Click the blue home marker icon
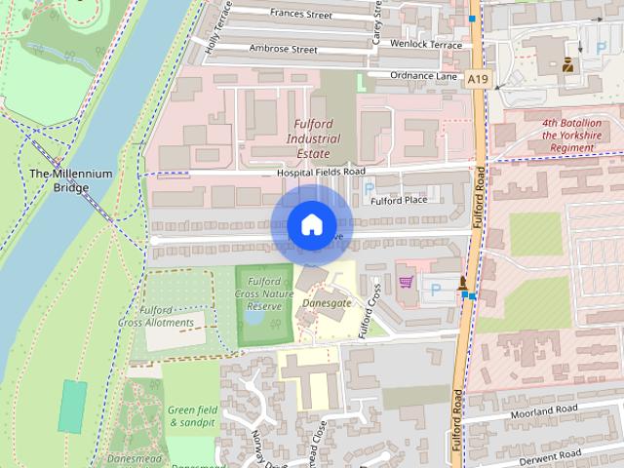[310, 224]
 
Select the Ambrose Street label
[283, 49]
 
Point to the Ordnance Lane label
[423, 75]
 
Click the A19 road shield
[477, 78]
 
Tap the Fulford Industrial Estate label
[314, 138]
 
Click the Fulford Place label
[400, 201]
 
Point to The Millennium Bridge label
[70, 180]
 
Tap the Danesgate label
[327, 303]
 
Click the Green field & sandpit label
[191, 416]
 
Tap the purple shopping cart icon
[406, 283]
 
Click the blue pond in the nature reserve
[254, 317]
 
